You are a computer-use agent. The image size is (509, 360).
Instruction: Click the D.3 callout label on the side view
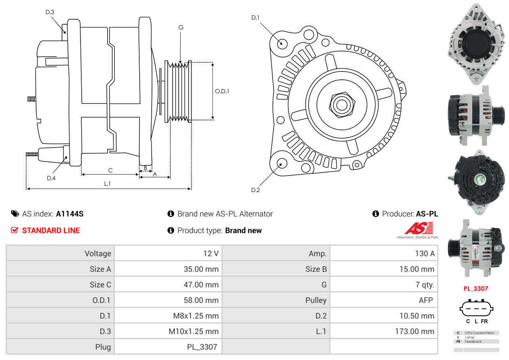click(50, 12)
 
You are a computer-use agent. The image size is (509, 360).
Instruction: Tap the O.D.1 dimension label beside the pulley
click(222, 91)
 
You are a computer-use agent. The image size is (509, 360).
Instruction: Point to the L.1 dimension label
click(107, 184)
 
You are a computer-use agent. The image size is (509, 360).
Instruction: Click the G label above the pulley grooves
click(181, 28)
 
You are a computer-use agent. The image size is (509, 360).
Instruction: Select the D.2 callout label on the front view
click(256, 190)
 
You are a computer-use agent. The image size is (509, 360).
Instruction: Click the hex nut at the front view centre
click(342, 105)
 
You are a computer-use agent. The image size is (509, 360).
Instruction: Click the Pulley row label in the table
click(316, 300)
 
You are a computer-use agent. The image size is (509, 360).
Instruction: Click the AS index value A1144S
click(70, 214)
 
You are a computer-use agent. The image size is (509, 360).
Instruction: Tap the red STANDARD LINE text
click(51, 231)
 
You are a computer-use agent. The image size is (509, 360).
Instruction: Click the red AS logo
click(419, 228)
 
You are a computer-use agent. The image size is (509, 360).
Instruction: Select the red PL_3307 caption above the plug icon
click(476, 288)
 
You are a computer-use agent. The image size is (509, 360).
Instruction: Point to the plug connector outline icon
click(477, 308)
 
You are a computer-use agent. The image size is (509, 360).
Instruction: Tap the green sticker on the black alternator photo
click(480, 180)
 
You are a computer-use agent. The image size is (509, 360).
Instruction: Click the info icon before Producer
click(375, 214)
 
